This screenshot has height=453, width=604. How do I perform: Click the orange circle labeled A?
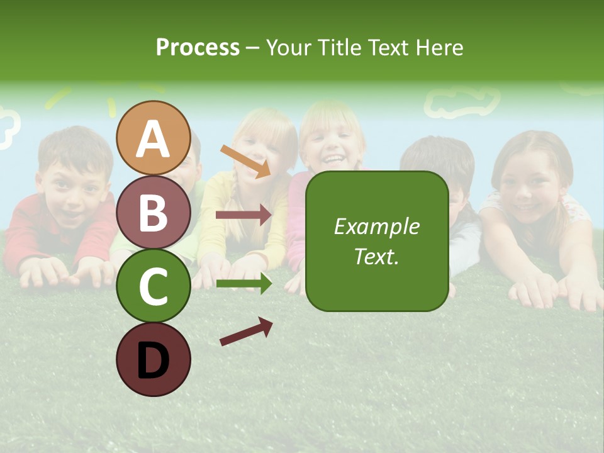click(154, 138)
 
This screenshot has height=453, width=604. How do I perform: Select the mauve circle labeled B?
click(154, 212)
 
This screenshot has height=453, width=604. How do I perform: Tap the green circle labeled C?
click(154, 286)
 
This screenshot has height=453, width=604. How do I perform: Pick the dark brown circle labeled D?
click(154, 359)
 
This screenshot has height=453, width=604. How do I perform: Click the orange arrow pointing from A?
click(246, 160)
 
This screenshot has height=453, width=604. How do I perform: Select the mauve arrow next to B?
click(243, 215)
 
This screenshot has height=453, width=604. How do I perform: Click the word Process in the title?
click(198, 47)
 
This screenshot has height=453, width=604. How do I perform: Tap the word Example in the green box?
click(376, 226)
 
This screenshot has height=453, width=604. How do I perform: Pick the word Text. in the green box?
click(376, 256)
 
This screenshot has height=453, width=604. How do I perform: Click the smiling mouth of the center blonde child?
click(332, 157)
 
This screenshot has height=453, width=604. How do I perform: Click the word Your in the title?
click(289, 47)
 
